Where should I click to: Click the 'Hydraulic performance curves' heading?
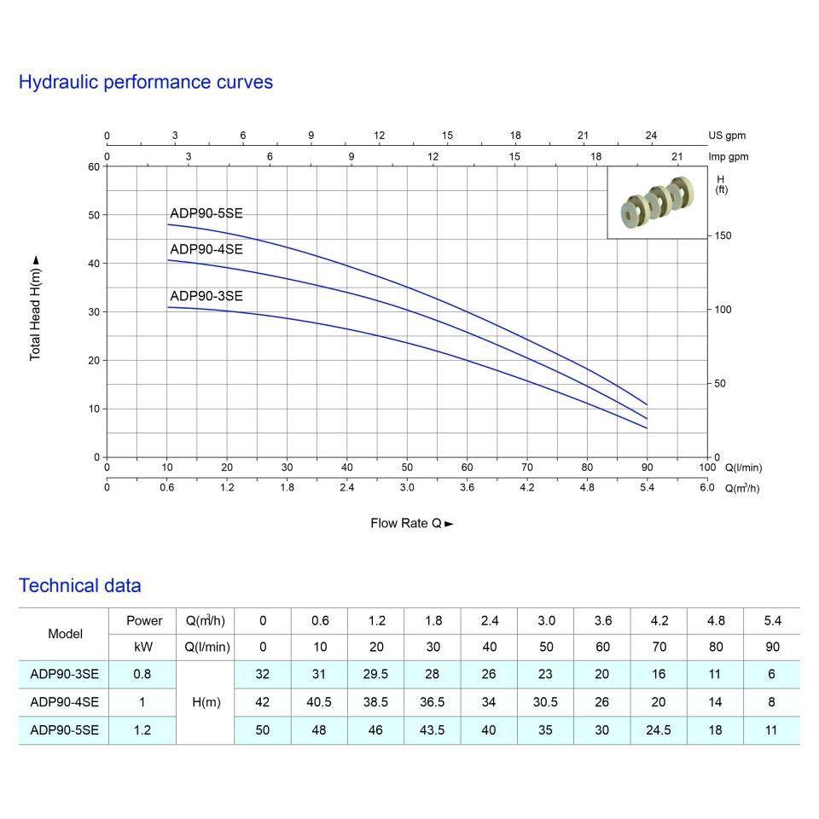(x=146, y=83)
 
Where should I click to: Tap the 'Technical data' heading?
(x=80, y=586)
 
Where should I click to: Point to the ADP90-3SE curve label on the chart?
(x=206, y=297)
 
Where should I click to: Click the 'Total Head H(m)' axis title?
(x=36, y=307)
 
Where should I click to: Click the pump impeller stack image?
(x=657, y=202)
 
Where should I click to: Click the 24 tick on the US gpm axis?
(x=651, y=136)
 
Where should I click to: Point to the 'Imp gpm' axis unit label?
(x=728, y=157)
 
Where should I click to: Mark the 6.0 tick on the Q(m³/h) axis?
(x=707, y=488)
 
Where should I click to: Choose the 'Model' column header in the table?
(x=66, y=634)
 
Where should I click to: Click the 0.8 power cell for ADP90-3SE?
(x=143, y=674)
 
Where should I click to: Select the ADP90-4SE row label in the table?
(x=64, y=702)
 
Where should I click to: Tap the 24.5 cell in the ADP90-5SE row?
(x=659, y=730)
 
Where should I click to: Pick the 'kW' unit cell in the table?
(x=143, y=647)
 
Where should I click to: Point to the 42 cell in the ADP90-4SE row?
(x=263, y=702)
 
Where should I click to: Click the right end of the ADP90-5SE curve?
(x=648, y=404)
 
